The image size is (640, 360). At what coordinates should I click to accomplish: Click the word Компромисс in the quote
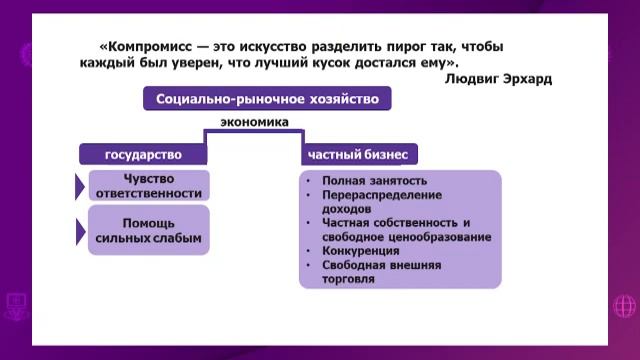146,47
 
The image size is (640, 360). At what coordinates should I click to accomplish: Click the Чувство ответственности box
148,185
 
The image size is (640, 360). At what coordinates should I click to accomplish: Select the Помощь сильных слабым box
148,230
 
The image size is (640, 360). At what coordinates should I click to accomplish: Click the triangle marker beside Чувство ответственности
80,185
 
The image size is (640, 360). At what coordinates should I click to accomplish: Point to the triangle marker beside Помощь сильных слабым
80,231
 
